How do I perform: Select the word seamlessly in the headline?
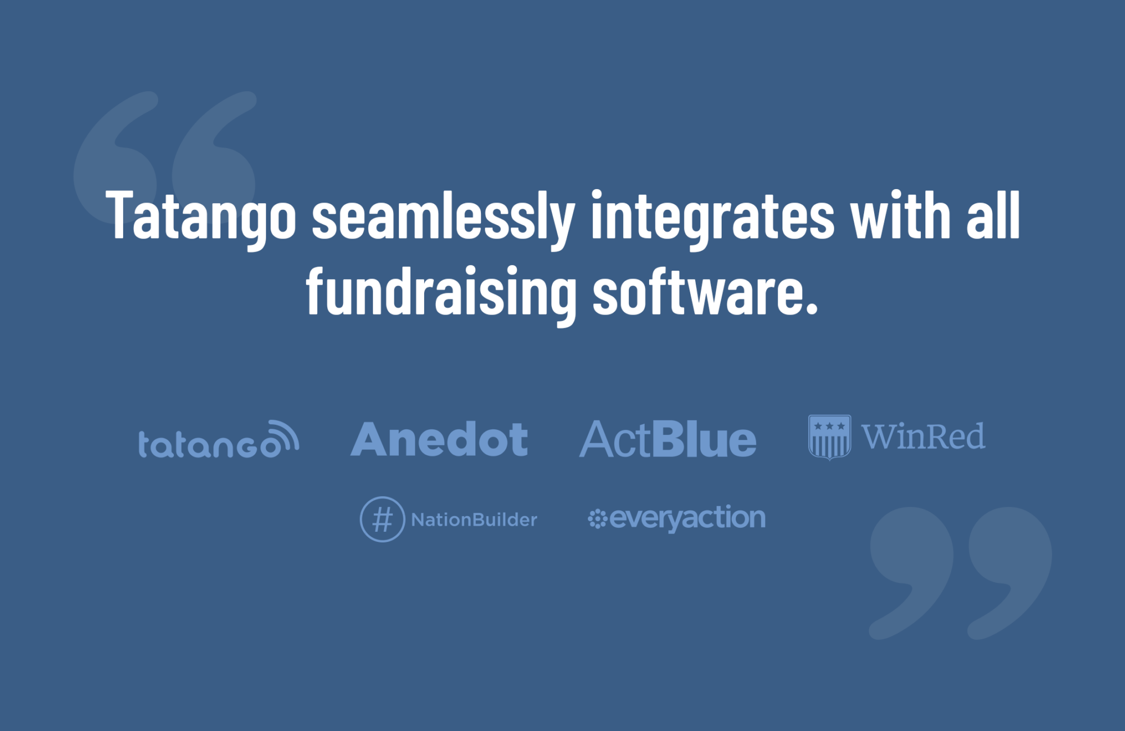[x=443, y=217]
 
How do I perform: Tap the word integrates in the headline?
[x=712, y=217]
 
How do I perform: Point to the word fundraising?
[x=441, y=293]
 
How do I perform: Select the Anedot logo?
[x=439, y=440]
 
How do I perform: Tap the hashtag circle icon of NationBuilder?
[x=382, y=519]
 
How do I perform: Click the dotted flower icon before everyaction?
[x=597, y=519]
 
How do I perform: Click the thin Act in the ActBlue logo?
[x=615, y=440]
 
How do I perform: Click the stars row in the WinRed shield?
[x=829, y=426]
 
